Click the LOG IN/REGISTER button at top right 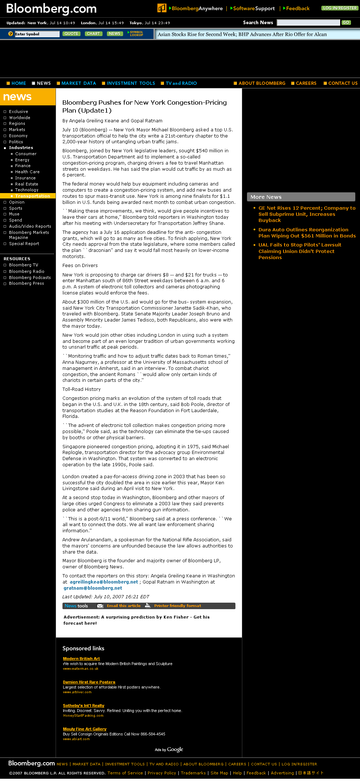[x=339, y=8]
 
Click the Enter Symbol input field [x=37, y=34]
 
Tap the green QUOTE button [x=71, y=34]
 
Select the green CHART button [x=93, y=34]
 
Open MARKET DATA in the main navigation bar [x=78, y=83]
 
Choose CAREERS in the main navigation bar [x=306, y=83]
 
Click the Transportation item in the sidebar [x=32, y=196]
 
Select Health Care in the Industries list [x=27, y=172]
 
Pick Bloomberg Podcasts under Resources [x=30, y=278]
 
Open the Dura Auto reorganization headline [x=307, y=233]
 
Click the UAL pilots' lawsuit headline [x=299, y=251]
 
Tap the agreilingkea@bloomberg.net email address [x=104, y=582]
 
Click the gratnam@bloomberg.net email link [x=93, y=588]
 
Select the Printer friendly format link [x=177, y=606]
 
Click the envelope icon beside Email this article [x=100, y=606]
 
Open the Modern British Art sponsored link [x=81, y=659]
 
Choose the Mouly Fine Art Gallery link [x=84, y=729]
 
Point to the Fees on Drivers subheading [x=80, y=266]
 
